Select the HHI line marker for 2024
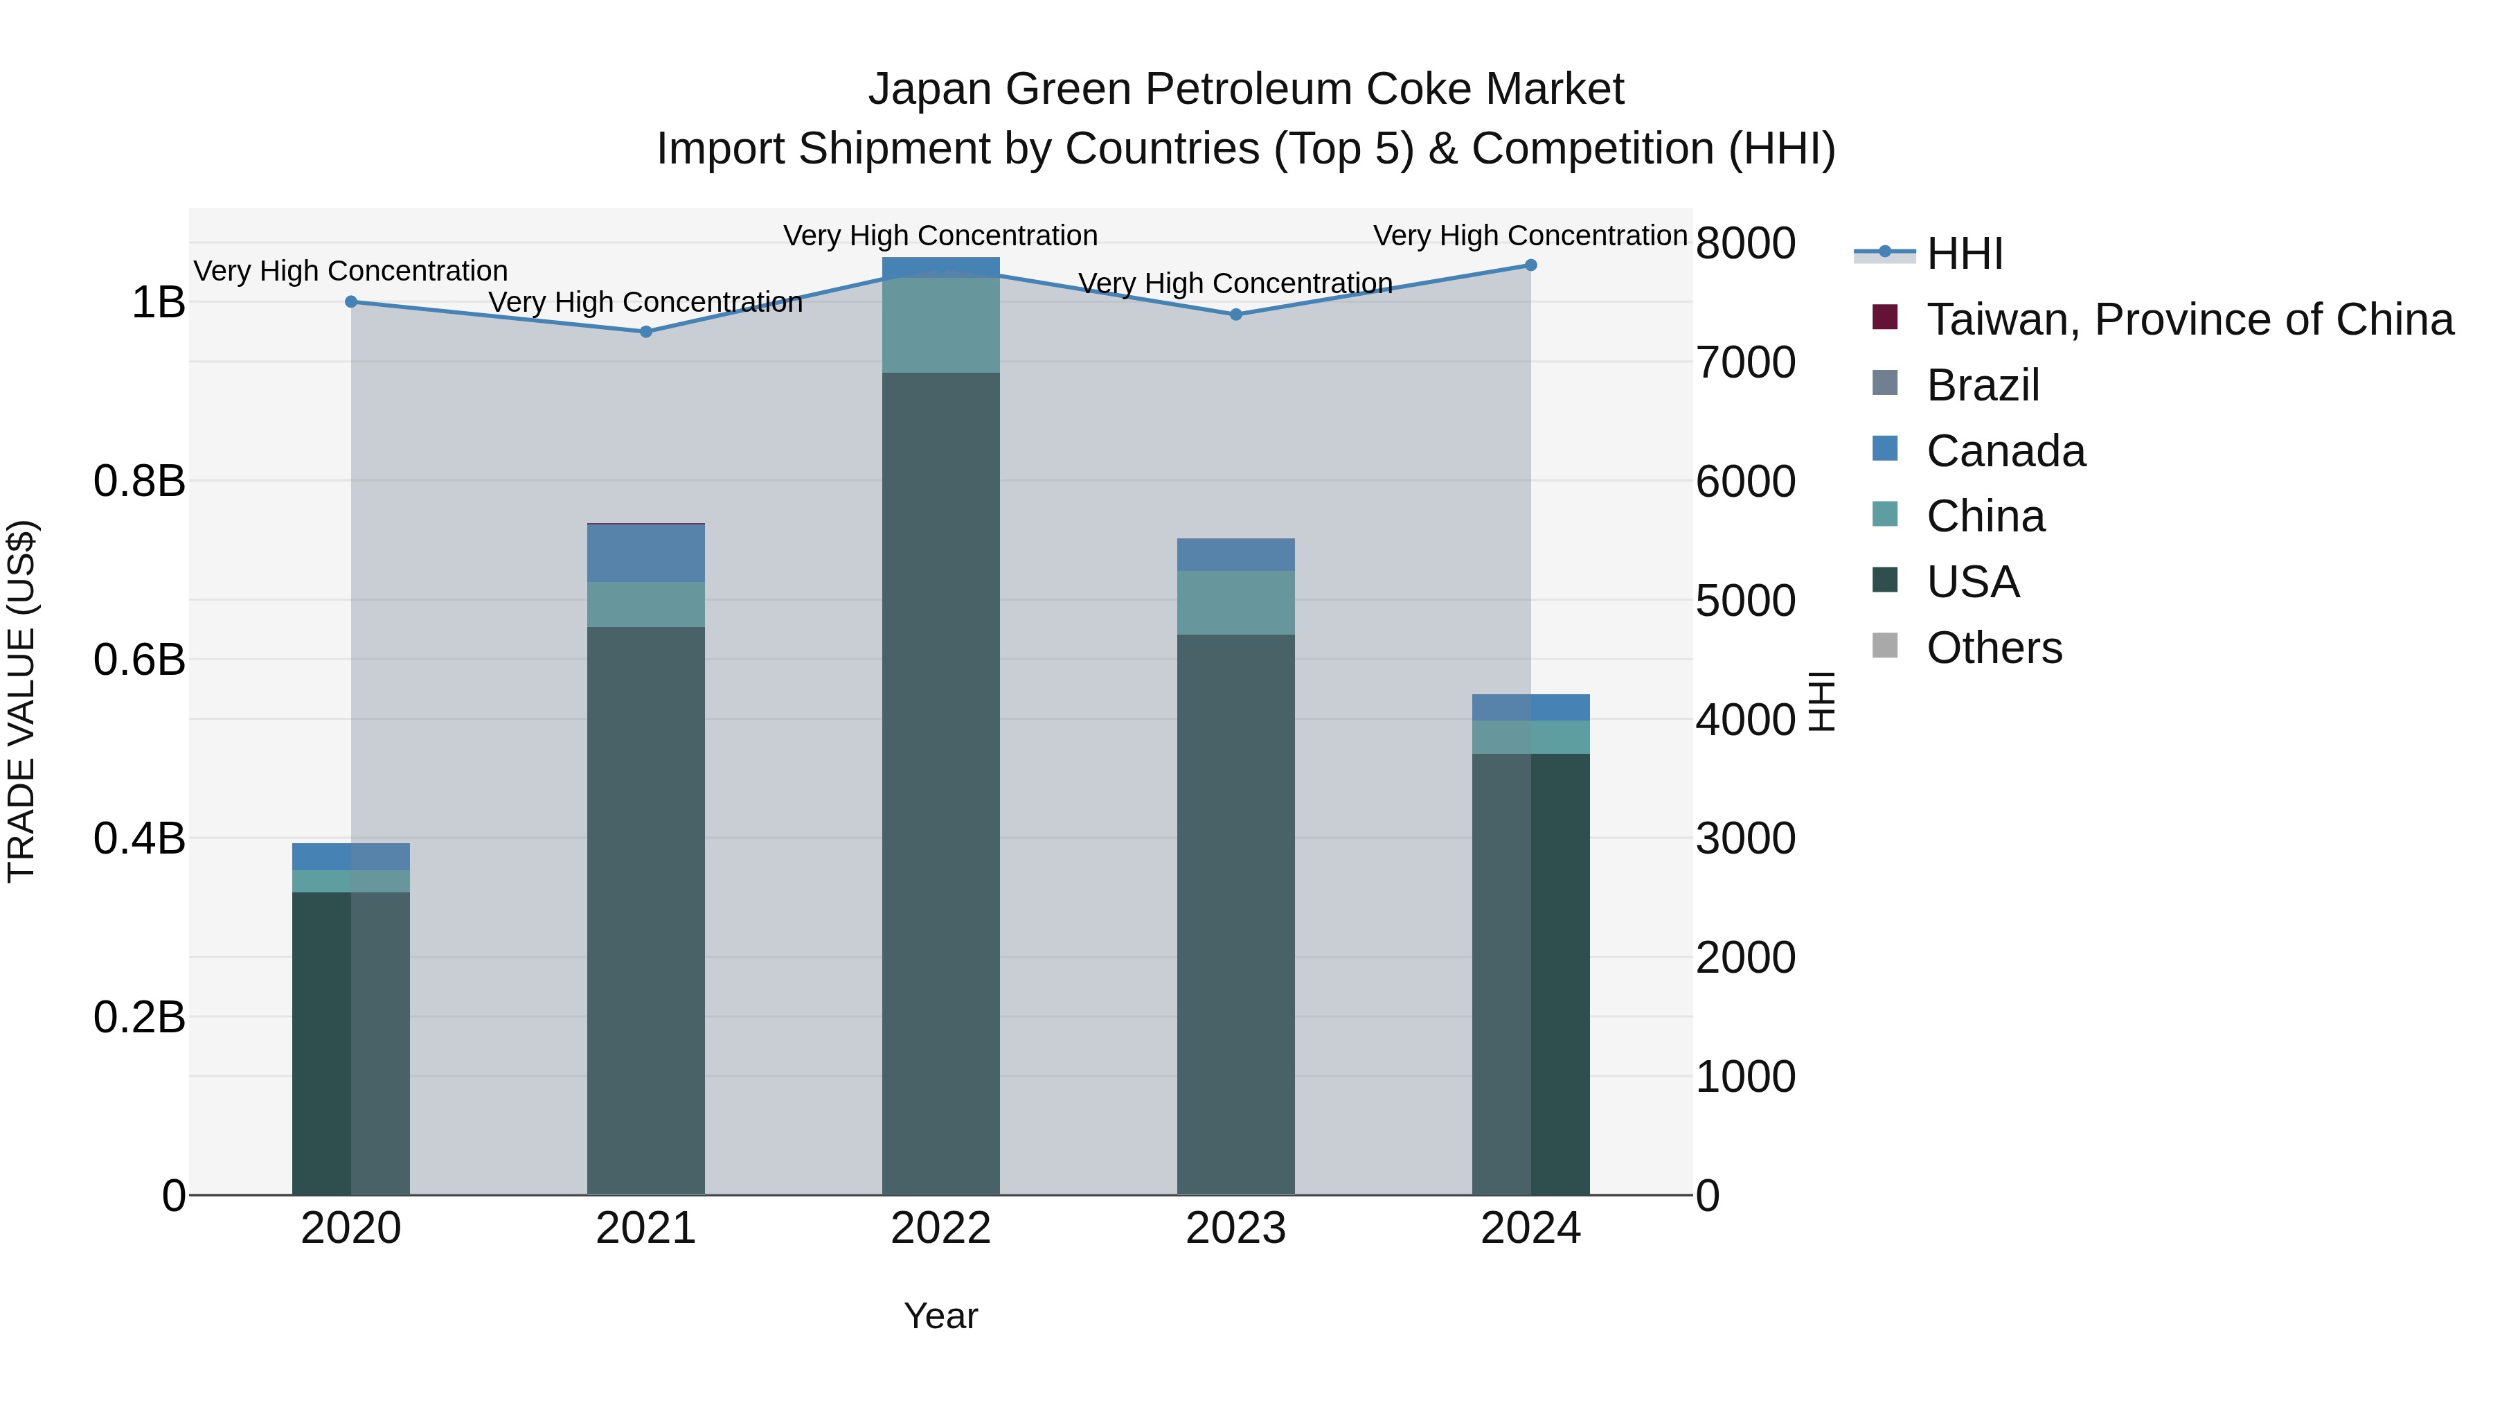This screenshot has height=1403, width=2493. tap(1530, 265)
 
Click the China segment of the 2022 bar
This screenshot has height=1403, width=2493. tap(940, 324)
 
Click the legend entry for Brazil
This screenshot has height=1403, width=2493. tap(1982, 385)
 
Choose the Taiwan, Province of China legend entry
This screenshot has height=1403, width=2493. tap(2189, 319)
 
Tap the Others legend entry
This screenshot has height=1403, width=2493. tap(1994, 648)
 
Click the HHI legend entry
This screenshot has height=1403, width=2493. tap(1965, 254)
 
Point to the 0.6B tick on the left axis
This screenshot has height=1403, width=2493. tap(139, 660)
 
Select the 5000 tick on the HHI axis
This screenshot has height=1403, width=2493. tap(1745, 600)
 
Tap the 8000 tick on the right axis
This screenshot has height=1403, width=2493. tap(1745, 243)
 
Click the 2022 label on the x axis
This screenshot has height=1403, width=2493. tap(940, 1228)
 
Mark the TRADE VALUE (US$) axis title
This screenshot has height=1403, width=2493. tap(21, 701)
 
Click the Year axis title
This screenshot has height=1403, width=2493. tap(940, 1316)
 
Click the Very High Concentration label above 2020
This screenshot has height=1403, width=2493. tap(350, 271)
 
